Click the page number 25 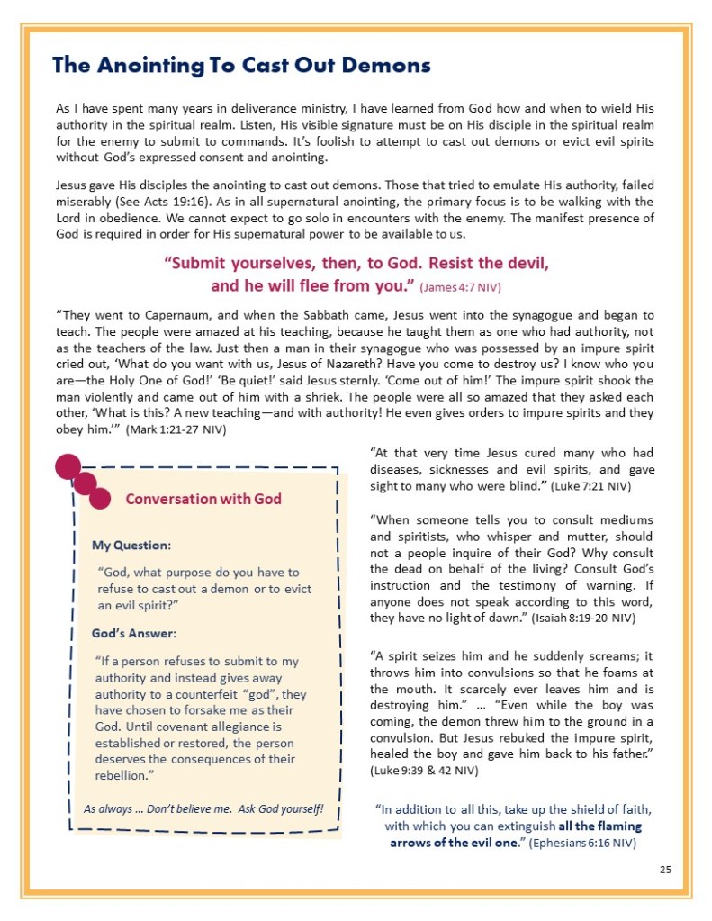tap(665, 869)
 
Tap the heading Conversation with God tap(203, 499)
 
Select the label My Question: tap(131, 545)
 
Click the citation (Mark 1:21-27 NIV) tap(176, 430)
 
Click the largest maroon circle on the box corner tap(68, 466)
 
